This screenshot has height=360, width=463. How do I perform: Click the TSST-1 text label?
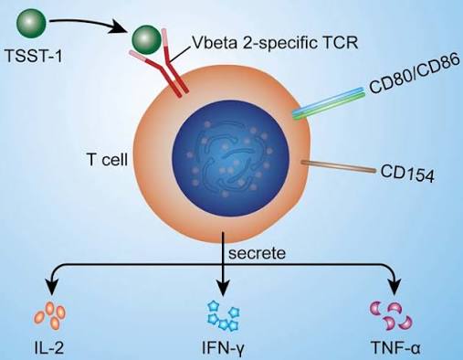tap(34, 56)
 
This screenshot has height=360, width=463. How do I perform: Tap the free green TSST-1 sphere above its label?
tap(31, 24)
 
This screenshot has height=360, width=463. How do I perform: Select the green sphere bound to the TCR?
tap(146, 39)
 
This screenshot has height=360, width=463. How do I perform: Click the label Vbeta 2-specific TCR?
tap(276, 42)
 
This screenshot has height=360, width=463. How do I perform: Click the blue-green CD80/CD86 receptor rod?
tap(329, 104)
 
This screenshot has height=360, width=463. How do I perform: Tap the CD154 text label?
tap(407, 174)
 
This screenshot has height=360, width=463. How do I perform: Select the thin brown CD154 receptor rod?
tap(338, 167)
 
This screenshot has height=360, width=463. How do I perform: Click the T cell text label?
tap(107, 159)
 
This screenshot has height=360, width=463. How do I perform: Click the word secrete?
tap(257, 252)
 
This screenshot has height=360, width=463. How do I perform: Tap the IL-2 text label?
tap(48, 348)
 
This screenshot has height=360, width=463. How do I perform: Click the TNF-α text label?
tap(395, 348)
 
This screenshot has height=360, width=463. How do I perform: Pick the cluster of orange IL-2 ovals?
tap(49, 316)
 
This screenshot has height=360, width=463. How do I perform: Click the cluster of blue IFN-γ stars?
tap(224, 316)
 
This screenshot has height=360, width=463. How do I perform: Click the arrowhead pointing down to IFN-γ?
tap(224, 289)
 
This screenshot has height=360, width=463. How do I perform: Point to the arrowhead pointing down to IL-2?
tap(51, 287)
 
